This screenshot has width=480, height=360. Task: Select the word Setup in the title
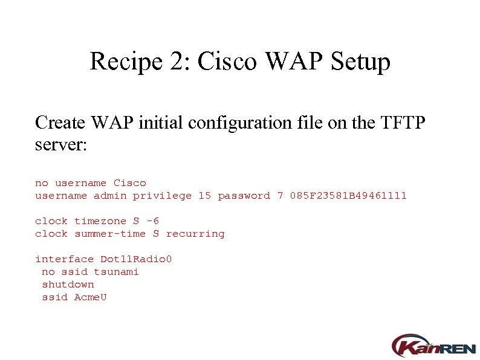point(360,62)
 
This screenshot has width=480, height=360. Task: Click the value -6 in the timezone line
point(152,221)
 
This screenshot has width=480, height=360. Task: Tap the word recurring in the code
point(195,234)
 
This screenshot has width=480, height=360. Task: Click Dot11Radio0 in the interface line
point(136,259)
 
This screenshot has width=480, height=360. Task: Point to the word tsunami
point(116,272)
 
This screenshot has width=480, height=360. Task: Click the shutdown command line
point(68,284)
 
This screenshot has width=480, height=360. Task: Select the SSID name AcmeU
point(90,297)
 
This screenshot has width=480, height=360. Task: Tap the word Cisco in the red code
point(129,183)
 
